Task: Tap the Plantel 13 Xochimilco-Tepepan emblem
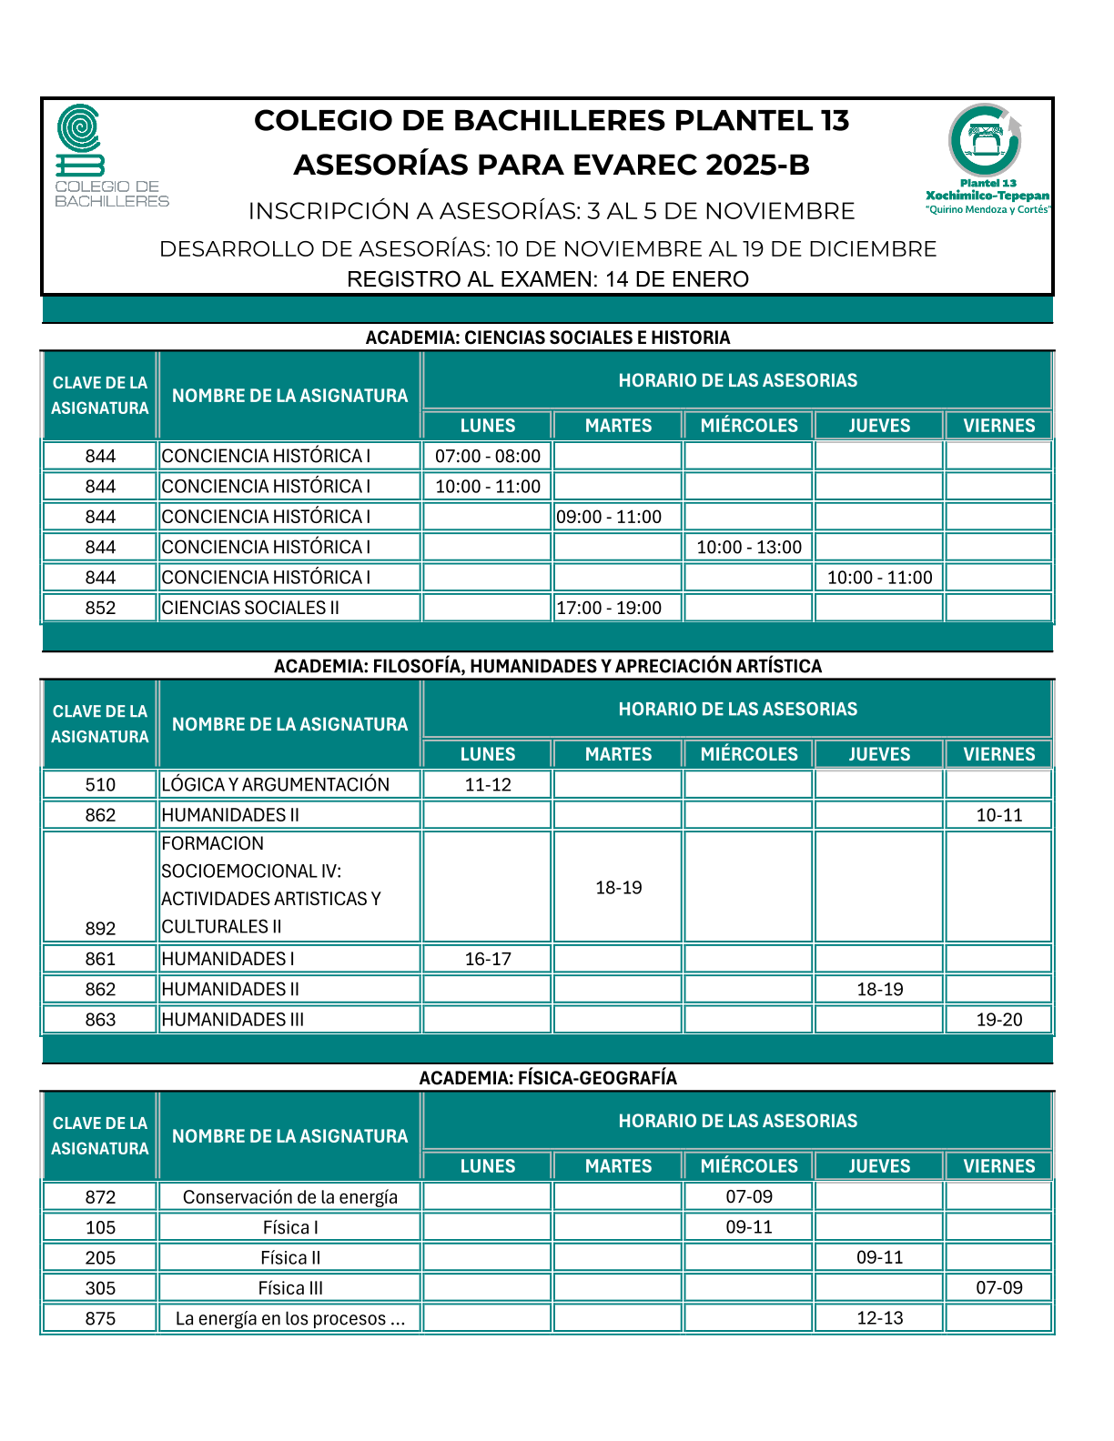coord(987,156)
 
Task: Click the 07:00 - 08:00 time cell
coord(488,456)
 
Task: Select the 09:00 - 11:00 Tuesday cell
coord(609,517)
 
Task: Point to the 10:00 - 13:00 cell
coord(749,547)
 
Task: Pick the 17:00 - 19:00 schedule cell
coord(609,608)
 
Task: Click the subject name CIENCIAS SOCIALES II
coord(250,608)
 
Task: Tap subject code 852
coord(100,608)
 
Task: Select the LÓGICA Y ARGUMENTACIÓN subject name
coord(276,784)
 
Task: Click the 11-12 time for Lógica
coord(488,784)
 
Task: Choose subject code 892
coord(100,928)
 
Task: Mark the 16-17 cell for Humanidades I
coord(488,959)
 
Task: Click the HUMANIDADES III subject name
coord(233,1020)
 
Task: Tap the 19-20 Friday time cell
coord(999,1020)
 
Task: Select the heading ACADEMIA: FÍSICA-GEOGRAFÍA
coord(548,1078)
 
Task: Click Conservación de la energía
coord(290,1197)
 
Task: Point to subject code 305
coord(100,1288)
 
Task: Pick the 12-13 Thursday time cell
coord(880,1318)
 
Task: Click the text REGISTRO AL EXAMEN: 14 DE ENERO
coord(548,279)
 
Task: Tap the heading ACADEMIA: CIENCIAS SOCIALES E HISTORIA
coord(548,338)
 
